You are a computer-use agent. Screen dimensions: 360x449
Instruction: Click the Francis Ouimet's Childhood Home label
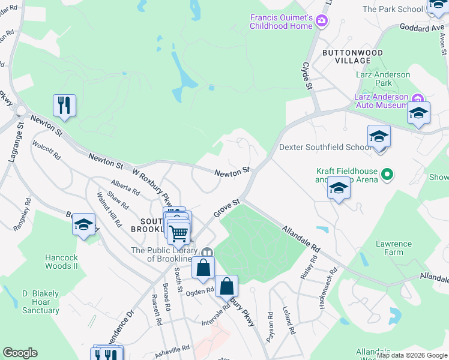pos(282,21)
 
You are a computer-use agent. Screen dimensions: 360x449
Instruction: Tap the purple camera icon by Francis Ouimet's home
pos(322,22)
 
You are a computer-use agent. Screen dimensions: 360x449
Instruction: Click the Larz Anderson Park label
pos(382,79)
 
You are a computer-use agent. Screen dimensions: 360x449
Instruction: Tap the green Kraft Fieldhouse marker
pos(388,175)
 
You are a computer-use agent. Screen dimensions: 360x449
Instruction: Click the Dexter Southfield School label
pos(325,147)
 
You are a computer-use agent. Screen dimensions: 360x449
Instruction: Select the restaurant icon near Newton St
pos(63,106)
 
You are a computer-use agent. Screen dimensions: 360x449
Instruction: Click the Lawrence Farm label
pos(394,248)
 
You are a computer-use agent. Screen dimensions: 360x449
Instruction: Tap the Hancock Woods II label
pos(62,262)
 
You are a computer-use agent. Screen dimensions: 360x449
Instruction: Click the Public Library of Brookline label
pos(164,254)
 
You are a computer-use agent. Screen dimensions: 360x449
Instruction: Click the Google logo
pos(20,353)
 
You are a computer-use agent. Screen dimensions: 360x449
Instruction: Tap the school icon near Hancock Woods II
pos(83,225)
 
